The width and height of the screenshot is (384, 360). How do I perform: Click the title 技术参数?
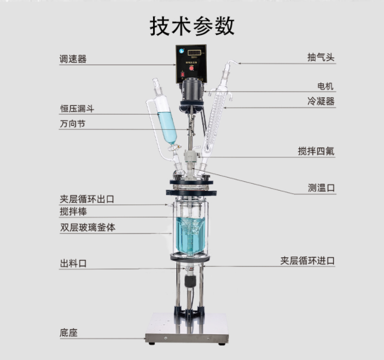pos(192,26)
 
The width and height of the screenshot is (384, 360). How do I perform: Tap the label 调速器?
pos(73,59)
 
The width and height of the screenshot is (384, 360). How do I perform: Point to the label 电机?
pos(326,86)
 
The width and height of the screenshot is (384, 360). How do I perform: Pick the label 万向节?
pos(73,124)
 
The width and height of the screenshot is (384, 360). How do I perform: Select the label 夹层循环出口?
pos(87,199)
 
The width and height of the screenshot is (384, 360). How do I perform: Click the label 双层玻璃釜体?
pos(88,228)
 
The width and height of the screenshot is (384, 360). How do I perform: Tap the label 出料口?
pos(73,264)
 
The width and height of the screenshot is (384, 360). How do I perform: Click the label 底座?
pos(69,332)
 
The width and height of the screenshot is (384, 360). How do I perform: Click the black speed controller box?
pos(191,62)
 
